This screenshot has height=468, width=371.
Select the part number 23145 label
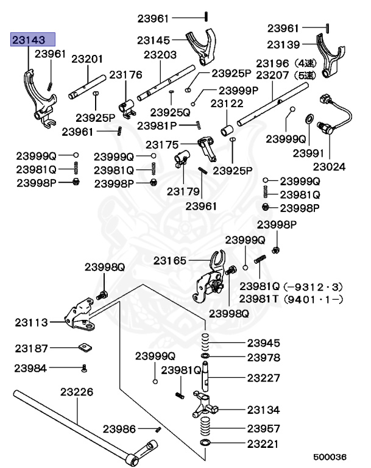coord(154,40)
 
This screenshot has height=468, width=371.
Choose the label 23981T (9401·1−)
coord(291,299)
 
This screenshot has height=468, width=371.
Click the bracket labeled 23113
coord(80,316)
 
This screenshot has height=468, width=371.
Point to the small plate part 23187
coord(84,349)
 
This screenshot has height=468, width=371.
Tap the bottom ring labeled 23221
coord(206,441)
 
